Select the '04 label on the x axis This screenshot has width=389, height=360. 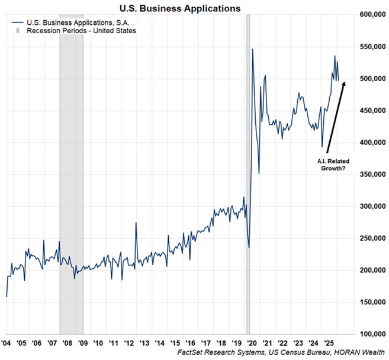coord(7,342)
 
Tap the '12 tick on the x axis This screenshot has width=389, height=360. coord(128,342)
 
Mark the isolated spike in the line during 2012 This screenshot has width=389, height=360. coord(136,223)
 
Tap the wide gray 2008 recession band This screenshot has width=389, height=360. coord(71,178)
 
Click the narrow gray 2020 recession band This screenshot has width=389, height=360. coord(248,178)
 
